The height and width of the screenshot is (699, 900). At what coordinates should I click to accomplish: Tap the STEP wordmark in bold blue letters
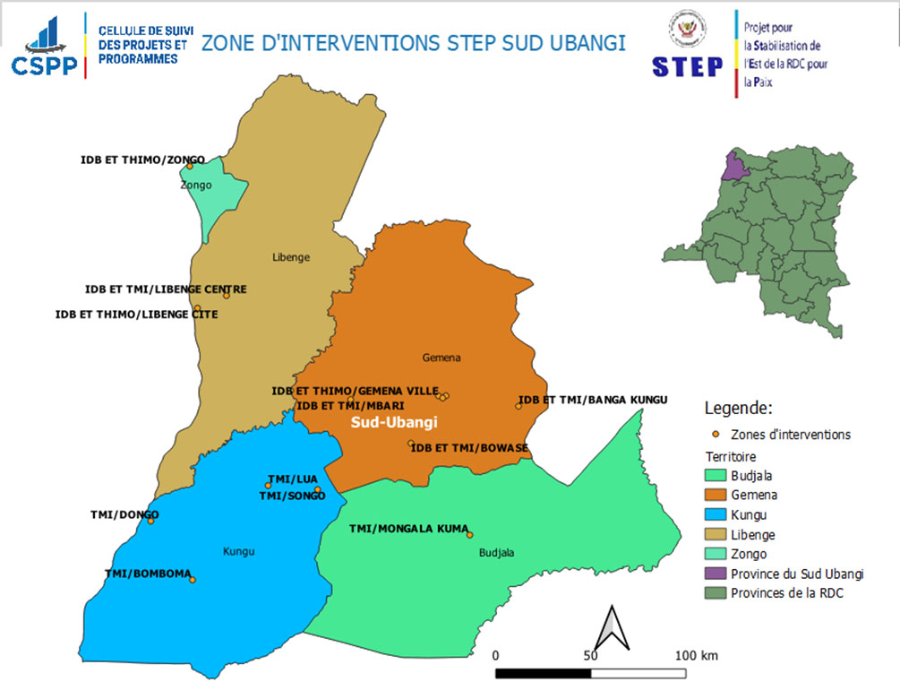687,66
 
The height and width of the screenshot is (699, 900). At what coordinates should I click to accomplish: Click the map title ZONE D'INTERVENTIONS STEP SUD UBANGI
413,43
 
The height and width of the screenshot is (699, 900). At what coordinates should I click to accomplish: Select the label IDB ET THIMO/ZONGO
142,160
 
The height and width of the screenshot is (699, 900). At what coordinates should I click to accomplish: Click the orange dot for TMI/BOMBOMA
192,580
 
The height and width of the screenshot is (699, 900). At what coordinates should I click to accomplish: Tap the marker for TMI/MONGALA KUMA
469,535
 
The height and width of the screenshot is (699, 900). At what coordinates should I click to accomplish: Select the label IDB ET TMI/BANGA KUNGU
593,400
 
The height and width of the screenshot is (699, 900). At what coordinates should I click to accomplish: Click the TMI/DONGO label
124,514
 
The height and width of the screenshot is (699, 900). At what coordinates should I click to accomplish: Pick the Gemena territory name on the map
441,358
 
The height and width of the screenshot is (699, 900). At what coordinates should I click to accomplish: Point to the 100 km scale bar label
696,656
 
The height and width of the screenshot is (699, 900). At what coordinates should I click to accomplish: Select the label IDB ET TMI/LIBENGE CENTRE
166,289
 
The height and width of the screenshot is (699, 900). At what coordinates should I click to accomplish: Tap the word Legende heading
738,409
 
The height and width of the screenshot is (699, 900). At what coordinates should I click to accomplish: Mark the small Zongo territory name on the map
196,186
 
